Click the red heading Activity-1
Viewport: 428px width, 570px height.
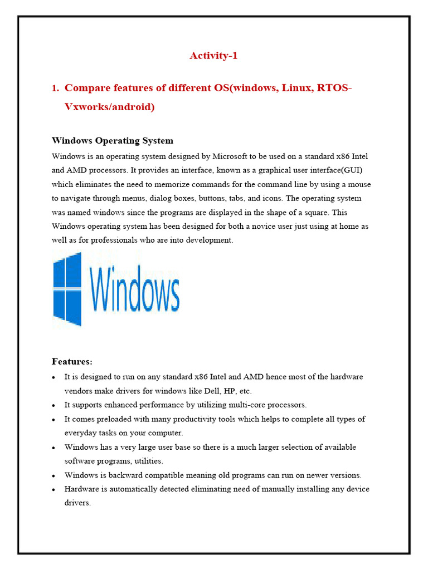click(214, 55)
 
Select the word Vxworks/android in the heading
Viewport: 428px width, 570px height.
click(109, 106)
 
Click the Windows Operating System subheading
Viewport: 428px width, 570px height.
click(112, 140)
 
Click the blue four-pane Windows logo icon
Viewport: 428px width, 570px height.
click(67, 288)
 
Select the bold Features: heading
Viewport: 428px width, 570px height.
click(72, 362)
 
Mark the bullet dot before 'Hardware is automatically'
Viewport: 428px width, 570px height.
click(53, 490)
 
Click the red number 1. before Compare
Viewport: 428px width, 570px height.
click(55, 88)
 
